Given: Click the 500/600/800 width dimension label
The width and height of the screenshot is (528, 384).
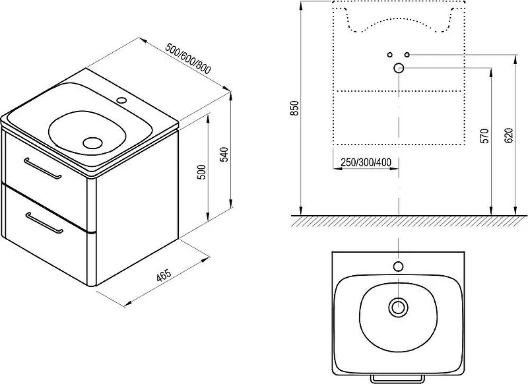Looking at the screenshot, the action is (x=188, y=59).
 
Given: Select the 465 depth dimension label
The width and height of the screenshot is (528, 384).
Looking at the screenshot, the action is (x=164, y=275).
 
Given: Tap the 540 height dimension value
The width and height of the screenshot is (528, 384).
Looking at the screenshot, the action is (x=224, y=154).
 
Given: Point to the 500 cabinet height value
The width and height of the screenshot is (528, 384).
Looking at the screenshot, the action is (x=201, y=172).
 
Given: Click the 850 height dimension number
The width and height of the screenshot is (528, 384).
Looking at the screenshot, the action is (x=294, y=108).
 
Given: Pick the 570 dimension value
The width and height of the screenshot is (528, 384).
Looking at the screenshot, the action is (x=484, y=136).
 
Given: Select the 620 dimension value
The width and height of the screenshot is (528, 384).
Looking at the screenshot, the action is (x=508, y=135).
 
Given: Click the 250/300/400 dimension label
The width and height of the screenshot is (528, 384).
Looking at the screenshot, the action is (x=366, y=162).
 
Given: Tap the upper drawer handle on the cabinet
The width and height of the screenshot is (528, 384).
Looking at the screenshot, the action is (x=43, y=168).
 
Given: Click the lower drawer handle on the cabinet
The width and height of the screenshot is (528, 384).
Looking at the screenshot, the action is (x=44, y=222).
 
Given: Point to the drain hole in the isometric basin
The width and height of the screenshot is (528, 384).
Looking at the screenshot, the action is (x=92, y=143).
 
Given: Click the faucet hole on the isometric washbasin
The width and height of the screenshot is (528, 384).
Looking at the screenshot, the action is (x=121, y=100).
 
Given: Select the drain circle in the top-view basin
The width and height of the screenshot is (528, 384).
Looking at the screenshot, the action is (x=399, y=307).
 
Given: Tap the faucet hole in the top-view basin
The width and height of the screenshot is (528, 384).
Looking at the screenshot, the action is (x=399, y=267).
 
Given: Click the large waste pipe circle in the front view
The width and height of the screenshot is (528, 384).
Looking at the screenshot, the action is (x=399, y=68).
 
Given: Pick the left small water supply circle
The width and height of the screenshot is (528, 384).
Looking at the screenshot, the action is (x=390, y=55).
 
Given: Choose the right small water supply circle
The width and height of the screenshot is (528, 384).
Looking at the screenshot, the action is (x=407, y=55).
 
